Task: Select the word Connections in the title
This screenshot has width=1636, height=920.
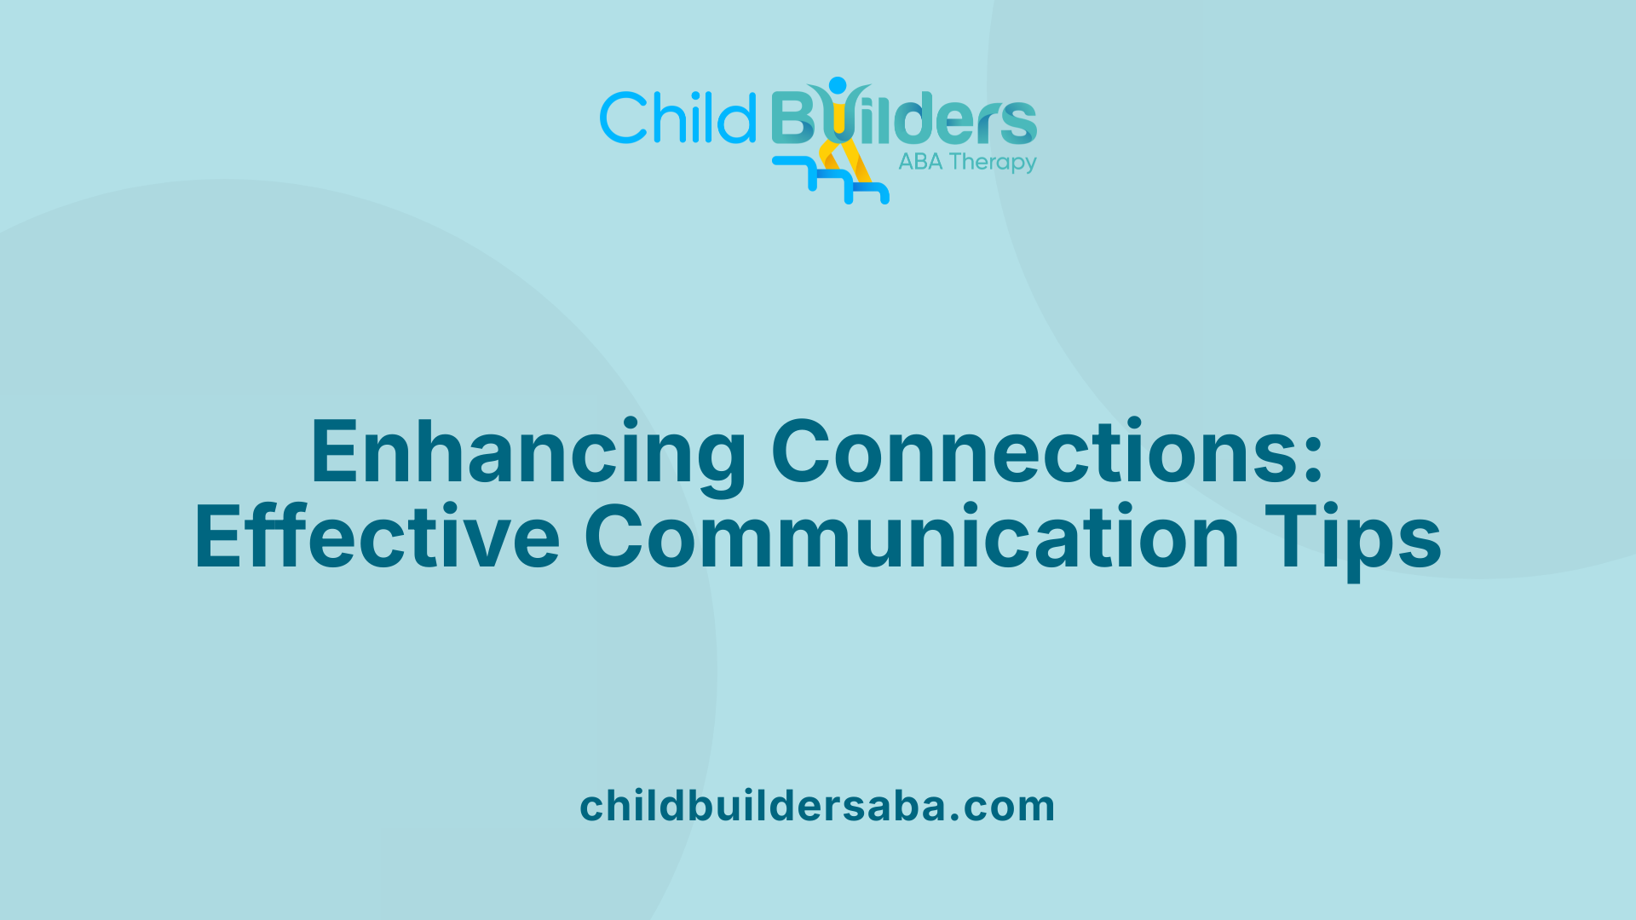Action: (x=1035, y=451)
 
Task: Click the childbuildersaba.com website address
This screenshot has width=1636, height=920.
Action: (x=817, y=806)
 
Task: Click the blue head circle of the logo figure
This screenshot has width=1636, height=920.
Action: (x=838, y=85)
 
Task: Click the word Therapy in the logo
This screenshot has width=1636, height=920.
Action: (x=993, y=163)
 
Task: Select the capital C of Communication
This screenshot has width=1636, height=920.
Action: (x=613, y=537)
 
